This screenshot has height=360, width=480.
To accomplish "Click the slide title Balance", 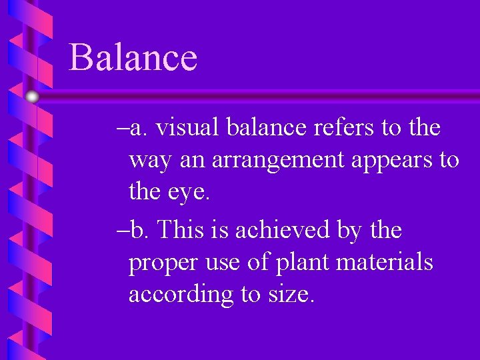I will pyautogui.click(x=133, y=57).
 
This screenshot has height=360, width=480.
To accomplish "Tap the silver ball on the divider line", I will pyautogui.click(x=33, y=97).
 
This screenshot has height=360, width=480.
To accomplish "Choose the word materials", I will pyautogui.click(x=385, y=262).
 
